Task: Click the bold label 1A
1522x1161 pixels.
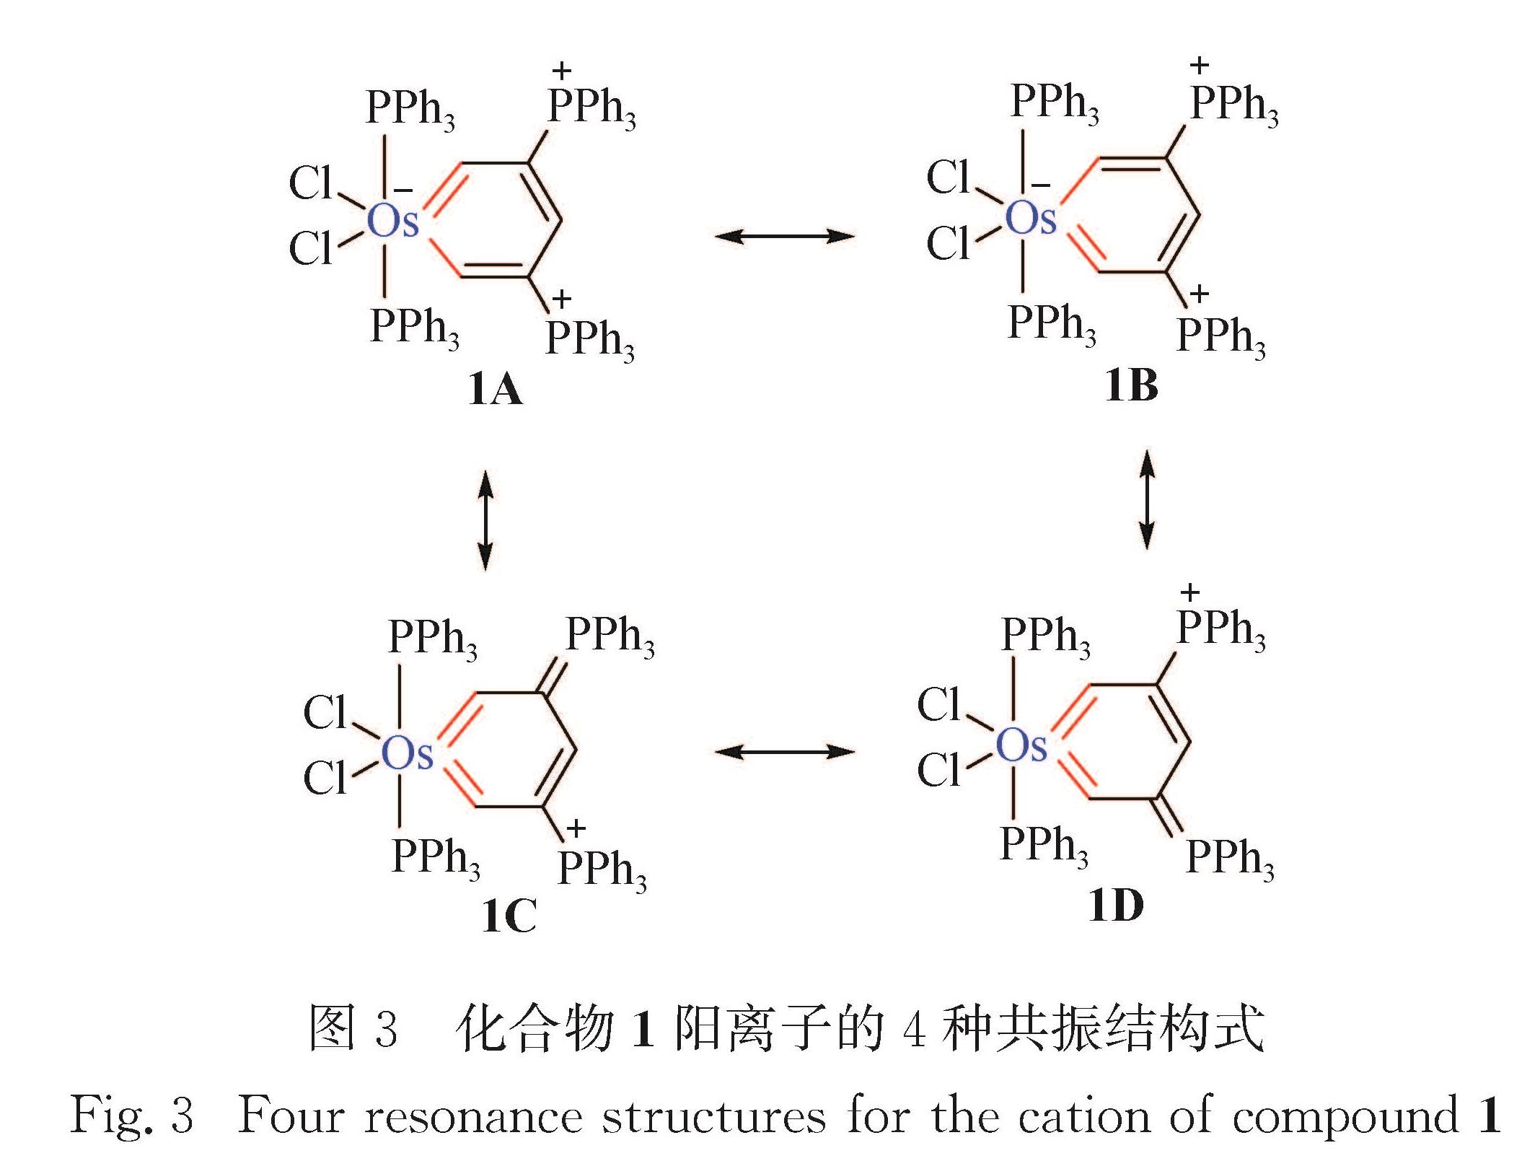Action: tap(495, 390)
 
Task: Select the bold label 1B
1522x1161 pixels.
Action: tap(1131, 385)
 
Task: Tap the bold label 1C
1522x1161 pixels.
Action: tap(509, 916)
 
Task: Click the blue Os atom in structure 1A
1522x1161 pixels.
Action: tap(392, 221)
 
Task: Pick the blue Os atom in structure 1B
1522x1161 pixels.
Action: tap(1030, 217)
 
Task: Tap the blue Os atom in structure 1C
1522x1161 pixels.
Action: tap(407, 753)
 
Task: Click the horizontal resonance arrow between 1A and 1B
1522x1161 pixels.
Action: tap(784, 236)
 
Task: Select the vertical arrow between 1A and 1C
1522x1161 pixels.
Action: tap(486, 520)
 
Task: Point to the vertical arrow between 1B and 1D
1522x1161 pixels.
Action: tap(1146, 499)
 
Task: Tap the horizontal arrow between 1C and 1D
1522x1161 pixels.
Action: tap(784, 753)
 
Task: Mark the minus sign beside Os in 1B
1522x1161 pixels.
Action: tap(1041, 185)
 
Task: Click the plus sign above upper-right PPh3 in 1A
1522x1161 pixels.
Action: tap(561, 71)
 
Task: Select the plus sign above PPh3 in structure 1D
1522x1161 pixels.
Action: tap(1189, 593)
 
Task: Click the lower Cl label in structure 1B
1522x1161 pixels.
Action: tap(948, 243)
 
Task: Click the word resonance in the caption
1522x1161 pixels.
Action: tap(472, 1116)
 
